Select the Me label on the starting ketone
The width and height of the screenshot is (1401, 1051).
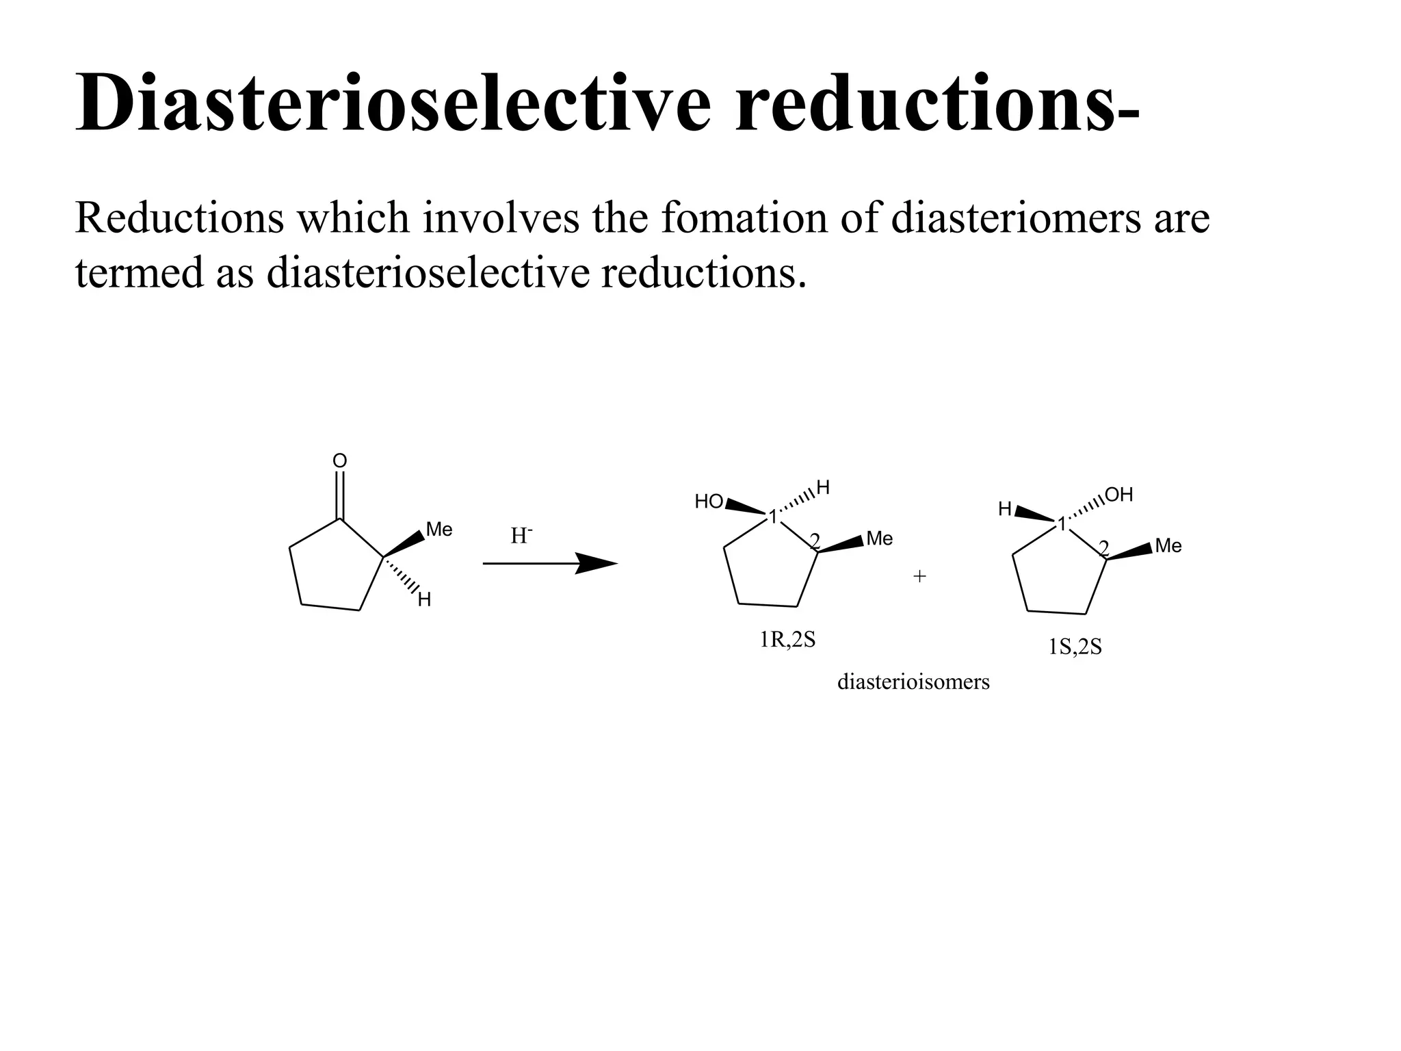[438, 530]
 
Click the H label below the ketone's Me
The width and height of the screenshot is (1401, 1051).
[424, 601]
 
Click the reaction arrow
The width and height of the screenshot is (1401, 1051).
[550, 563]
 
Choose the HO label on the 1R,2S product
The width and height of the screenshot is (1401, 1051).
[709, 502]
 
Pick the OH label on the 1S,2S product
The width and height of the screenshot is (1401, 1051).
[1118, 495]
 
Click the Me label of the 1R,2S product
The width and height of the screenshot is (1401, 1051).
[879, 539]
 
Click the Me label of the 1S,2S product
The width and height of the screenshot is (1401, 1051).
[1168, 546]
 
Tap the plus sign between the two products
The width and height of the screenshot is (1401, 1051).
[919, 577]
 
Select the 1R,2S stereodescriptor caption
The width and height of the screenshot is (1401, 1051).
[787, 640]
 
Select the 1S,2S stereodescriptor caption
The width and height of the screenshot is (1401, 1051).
[1075, 647]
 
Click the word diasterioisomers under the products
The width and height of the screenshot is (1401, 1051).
[913, 682]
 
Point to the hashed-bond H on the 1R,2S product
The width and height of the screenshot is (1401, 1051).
[823, 488]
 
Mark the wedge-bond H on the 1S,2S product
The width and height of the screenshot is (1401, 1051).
[1005, 509]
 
